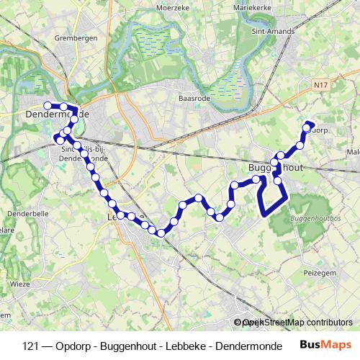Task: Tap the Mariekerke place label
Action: [251, 8]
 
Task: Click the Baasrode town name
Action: [194, 99]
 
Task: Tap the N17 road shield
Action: [321, 85]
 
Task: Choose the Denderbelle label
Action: [27, 214]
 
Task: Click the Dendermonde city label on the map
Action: [56, 114]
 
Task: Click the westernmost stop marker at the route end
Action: [48, 105]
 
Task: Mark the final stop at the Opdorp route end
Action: [310, 125]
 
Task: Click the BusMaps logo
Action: [325, 345]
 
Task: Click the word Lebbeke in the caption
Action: [189, 346]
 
